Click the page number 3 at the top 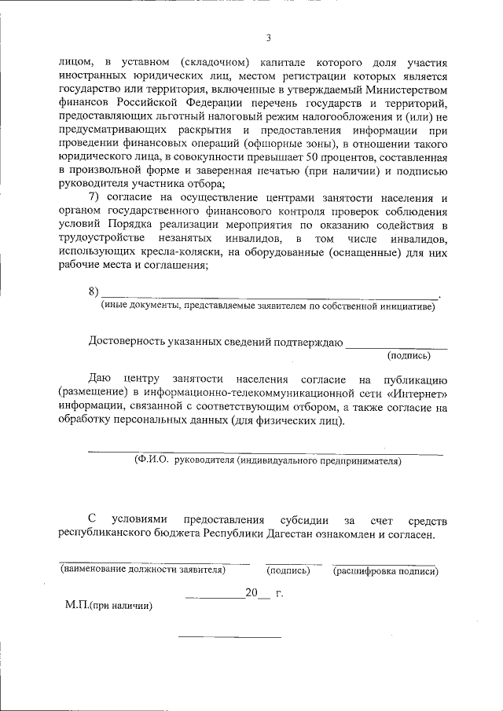(x=268, y=38)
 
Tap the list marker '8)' (x=94, y=292)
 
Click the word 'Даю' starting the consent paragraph (x=98, y=379)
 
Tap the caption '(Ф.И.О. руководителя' (x=267, y=461)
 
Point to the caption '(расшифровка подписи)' (x=385, y=571)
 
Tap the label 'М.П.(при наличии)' (x=108, y=606)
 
